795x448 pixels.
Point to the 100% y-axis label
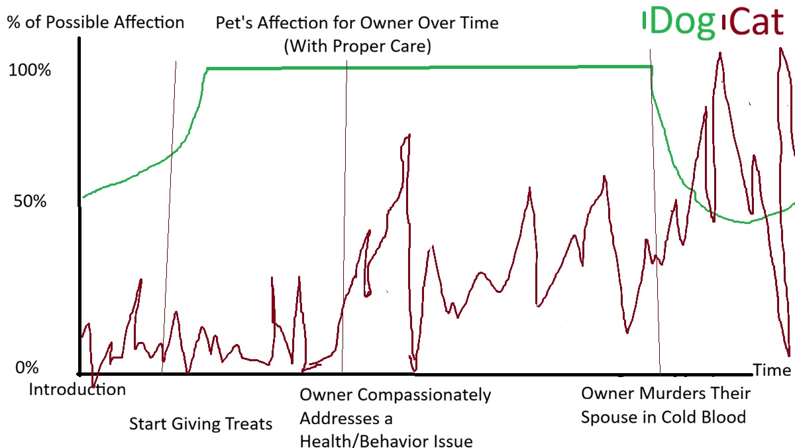pyautogui.click(x=29, y=70)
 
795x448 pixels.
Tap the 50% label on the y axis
pyautogui.click(x=29, y=201)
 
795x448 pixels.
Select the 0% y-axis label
pyautogui.click(x=26, y=368)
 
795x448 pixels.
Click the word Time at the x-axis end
pyautogui.click(x=772, y=370)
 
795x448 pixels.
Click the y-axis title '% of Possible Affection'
pyautogui.click(x=95, y=22)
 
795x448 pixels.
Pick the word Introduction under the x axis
pyautogui.click(x=77, y=389)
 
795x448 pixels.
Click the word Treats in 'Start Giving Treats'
pyautogui.click(x=248, y=423)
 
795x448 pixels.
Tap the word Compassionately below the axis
pyautogui.click(x=425, y=395)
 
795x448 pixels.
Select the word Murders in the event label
pyautogui.click(x=668, y=393)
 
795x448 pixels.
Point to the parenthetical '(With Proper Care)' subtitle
pyautogui.click(x=357, y=47)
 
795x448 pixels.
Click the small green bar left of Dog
pyautogui.click(x=644, y=22)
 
